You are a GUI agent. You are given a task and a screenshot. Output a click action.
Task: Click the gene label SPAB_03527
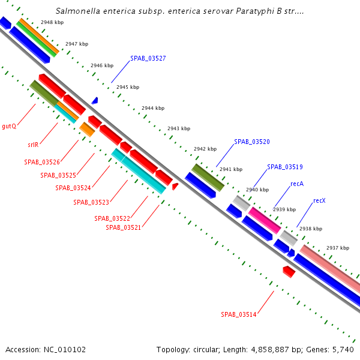pyautogui.click(x=148, y=58)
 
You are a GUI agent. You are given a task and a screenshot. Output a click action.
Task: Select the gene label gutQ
pyautogui.click(x=9, y=127)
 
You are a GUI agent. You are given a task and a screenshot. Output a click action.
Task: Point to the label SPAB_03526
pyautogui.click(x=41, y=162)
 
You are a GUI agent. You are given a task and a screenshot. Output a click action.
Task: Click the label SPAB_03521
pyautogui.click(x=123, y=227)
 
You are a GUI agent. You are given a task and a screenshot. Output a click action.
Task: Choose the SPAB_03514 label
pyautogui.click(x=238, y=314)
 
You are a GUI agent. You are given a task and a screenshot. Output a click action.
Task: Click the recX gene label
pyautogui.click(x=319, y=200)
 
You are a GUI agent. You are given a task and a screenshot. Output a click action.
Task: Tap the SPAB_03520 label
pyautogui.click(x=252, y=142)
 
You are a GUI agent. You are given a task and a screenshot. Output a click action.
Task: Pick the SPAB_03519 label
pyautogui.click(x=285, y=167)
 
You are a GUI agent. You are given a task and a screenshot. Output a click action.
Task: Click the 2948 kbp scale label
pyautogui.click(x=52, y=22)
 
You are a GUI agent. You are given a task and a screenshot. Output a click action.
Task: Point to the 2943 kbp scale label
pyautogui.click(x=179, y=128)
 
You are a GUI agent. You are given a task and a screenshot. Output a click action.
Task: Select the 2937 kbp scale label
pyautogui.click(x=337, y=248)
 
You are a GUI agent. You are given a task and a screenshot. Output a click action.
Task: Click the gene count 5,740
pyautogui.click(x=343, y=349)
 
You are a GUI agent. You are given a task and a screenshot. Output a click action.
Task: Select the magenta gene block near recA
pyautogui.click(x=264, y=220)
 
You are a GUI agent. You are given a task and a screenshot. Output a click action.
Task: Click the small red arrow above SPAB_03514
pyautogui.click(x=289, y=272)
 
